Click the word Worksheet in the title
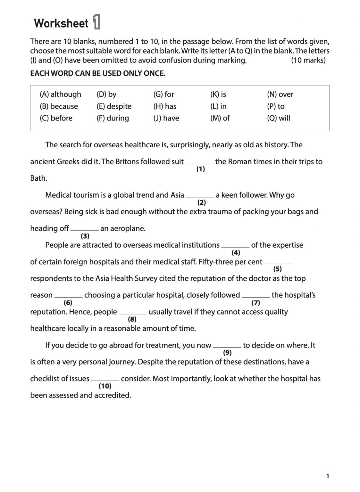click(x=61, y=23)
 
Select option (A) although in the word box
click(x=60, y=94)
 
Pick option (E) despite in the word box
click(x=114, y=106)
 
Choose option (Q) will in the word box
click(x=278, y=118)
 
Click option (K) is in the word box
click(x=218, y=94)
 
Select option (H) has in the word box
click(x=165, y=106)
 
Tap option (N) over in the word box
click(x=280, y=94)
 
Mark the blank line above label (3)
click(x=85, y=230)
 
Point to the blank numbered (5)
click(x=278, y=263)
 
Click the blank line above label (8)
click(x=133, y=313)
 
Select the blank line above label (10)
click(x=105, y=380)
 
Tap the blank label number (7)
click(x=255, y=303)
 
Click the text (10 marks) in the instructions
click(x=308, y=60)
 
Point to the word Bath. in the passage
click(x=39, y=178)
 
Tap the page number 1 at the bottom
click(x=327, y=476)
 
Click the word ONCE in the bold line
click(x=155, y=73)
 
